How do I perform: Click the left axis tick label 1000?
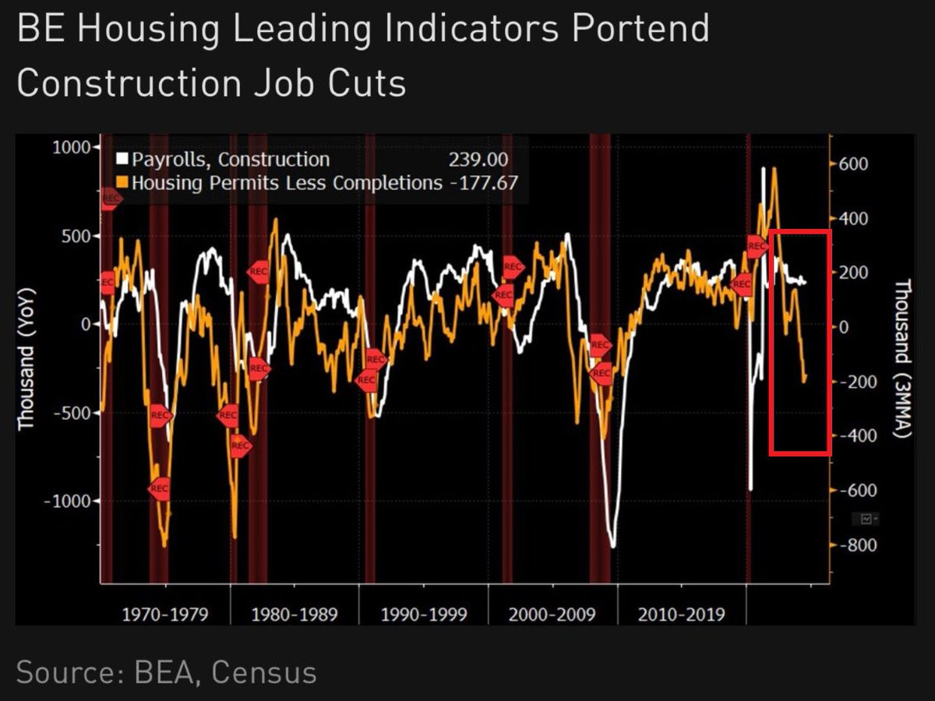click(x=71, y=147)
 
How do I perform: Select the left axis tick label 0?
click(x=86, y=324)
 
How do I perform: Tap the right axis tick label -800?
click(x=852, y=545)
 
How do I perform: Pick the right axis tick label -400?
click(x=852, y=436)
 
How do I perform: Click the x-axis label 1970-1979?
click(x=165, y=615)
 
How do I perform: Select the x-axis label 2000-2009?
click(x=552, y=615)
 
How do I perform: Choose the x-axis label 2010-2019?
click(x=681, y=615)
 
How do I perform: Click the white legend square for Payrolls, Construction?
click(x=122, y=160)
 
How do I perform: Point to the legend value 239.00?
click(x=478, y=160)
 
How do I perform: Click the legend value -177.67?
click(x=482, y=183)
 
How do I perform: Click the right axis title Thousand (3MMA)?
click(x=902, y=358)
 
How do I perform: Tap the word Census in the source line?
click(x=264, y=671)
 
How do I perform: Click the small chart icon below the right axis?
click(x=866, y=518)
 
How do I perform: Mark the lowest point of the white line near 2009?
click(x=613, y=547)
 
